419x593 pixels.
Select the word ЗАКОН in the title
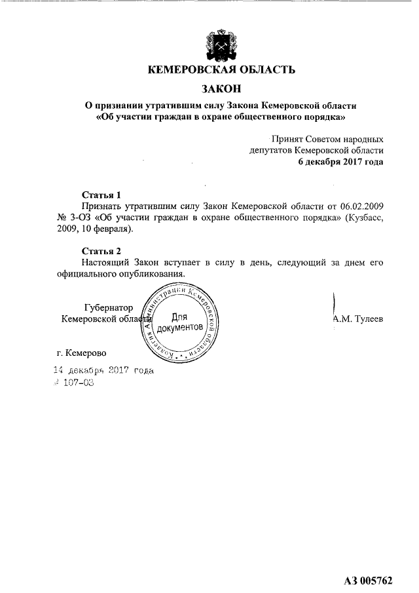[221, 88]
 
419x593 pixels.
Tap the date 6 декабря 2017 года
[340, 161]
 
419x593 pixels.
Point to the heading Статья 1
[101, 195]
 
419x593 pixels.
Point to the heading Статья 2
[101, 251]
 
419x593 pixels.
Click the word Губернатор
[109, 307]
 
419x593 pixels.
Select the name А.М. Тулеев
[357, 319]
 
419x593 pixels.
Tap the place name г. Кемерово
[81, 354]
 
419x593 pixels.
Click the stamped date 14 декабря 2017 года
[103, 370]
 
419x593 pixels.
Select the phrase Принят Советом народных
[327, 139]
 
